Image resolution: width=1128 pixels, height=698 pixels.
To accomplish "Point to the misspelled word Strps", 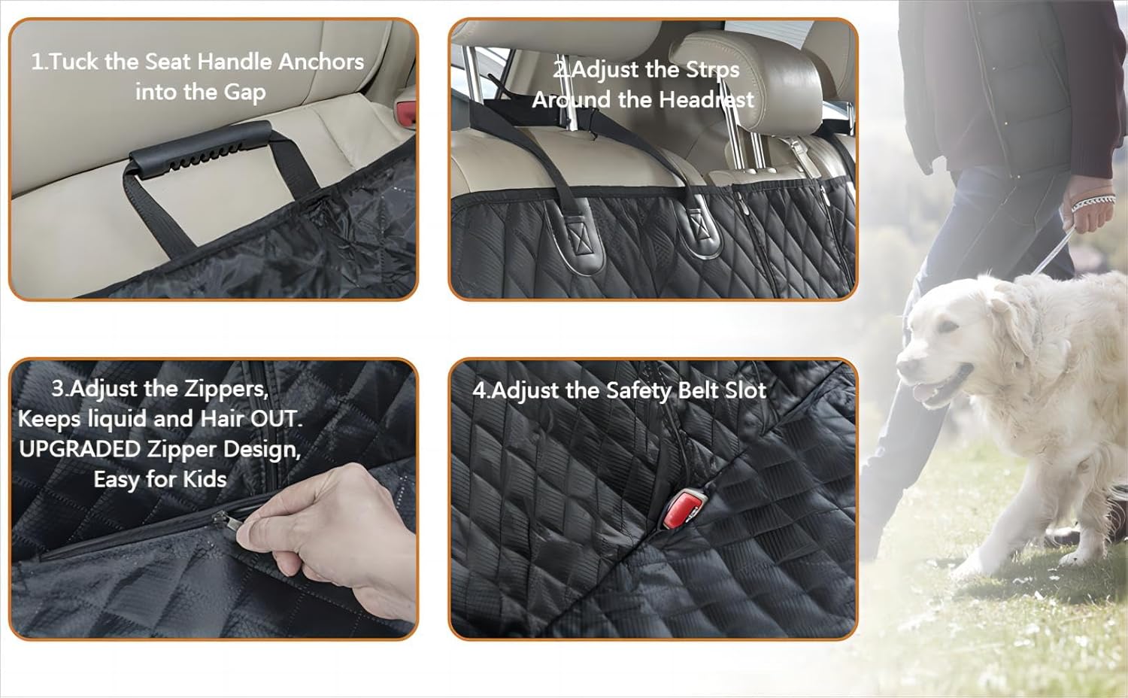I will tap(712, 70).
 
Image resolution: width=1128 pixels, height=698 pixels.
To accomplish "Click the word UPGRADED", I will tap(80, 450).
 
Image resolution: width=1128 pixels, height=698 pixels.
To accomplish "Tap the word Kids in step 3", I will tap(205, 480).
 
